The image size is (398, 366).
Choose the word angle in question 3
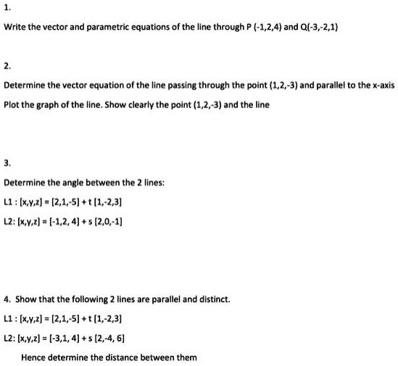tap(82, 183)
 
